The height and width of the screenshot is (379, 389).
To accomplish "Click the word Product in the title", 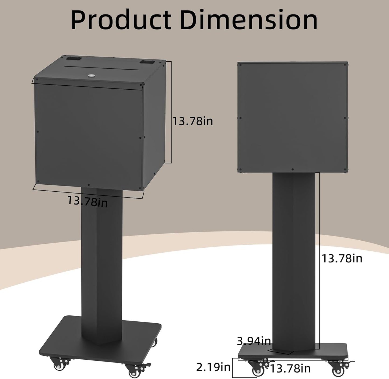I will (121, 20).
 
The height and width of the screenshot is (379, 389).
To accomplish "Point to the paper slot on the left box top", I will (102, 66).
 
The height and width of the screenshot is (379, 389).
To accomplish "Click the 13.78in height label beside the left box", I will (192, 121).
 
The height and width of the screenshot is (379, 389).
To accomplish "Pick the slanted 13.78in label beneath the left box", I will (87, 201).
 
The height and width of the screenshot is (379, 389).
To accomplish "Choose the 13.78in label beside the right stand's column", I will (342, 258).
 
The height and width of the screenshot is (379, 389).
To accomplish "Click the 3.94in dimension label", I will (254, 341).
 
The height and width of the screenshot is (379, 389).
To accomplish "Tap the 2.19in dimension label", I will (213, 367).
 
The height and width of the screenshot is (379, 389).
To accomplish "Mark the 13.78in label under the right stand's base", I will (290, 369).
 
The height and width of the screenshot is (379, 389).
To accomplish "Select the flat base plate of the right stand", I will (328, 353).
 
